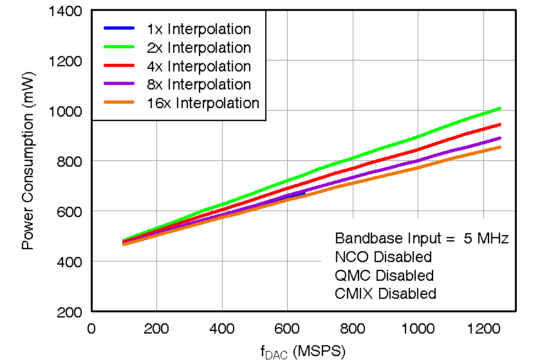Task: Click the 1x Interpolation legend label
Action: (198, 29)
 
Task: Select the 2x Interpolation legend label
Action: (198, 48)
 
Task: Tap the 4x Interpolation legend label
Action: (198, 66)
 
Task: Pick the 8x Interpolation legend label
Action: (198, 84)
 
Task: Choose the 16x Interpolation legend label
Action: (203, 103)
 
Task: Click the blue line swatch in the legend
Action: (119, 29)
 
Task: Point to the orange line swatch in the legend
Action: (119, 103)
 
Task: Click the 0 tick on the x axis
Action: (91, 328)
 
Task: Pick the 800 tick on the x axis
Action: (352, 328)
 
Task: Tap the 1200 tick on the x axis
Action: (482, 328)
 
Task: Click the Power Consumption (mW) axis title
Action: (28, 161)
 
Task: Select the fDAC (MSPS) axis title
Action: (303, 351)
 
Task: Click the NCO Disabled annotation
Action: (383, 257)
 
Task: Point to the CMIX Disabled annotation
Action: (386, 294)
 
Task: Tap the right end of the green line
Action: (499, 108)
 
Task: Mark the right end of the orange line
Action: (499, 147)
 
